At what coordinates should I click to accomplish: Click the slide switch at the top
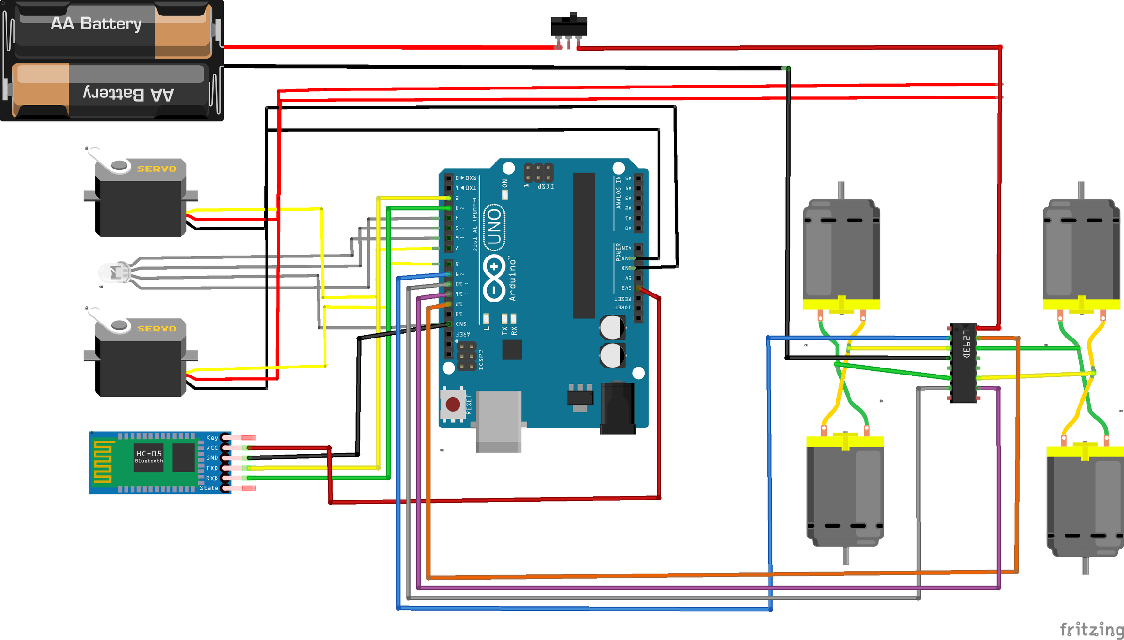click(x=569, y=26)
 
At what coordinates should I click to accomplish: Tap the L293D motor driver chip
click(x=963, y=362)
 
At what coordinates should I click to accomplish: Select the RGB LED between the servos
click(x=114, y=272)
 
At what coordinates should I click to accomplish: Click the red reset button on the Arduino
click(x=453, y=404)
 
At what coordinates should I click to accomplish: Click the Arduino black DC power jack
click(x=618, y=407)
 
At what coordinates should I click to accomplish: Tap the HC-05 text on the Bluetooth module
click(x=149, y=453)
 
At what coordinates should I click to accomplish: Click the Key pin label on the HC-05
click(x=212, y=438)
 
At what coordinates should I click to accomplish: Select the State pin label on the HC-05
click(x=209, y=488)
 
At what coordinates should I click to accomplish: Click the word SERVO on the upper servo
click(x=156, y=169)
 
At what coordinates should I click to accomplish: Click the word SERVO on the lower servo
click(x=156, y=329)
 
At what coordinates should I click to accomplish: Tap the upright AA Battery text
click(x=96, y=23)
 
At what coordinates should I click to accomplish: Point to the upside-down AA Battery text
click(x=128, y=94)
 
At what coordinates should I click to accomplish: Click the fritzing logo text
click(x=1091, y=629)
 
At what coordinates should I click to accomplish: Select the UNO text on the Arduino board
click(x=495, y=228)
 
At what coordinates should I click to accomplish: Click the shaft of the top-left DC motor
click(x=841, y=190)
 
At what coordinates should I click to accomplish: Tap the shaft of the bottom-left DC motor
click(x=845, y=555)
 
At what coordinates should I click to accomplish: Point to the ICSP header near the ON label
click(x=538, y=172)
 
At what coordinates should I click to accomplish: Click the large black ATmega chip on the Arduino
click(x=584, y=245)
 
